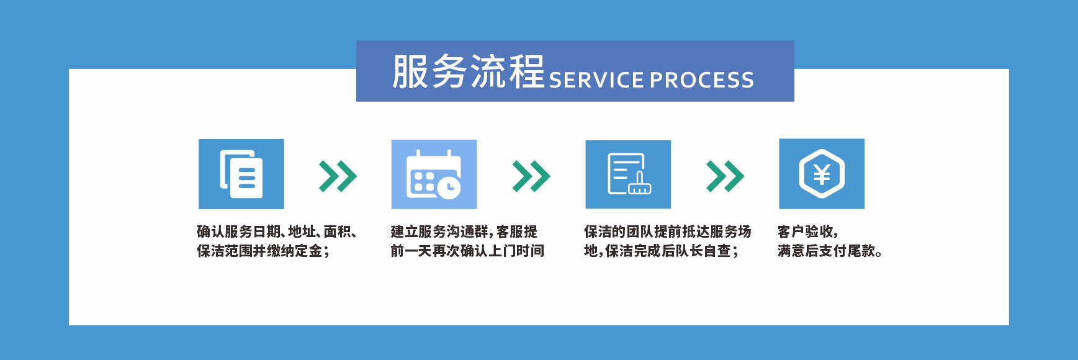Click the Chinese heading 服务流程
pyautogui.click(x=469, y=71)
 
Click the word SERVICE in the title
pyautogui.click(x=596, y=80)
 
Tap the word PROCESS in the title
pyautogui.click(x=702, y=80)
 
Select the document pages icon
pyautogui.click(x=241, y=174)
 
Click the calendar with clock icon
pyautogui.click(x=434, y=174)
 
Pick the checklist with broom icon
pyautogui.click(x=628, y=174)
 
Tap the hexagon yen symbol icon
pyautogui.click(x=822, y=174)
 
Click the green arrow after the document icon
pyautogui.click(x=338, y=176)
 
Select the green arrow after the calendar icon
pyautogui.click(x=531, y=176)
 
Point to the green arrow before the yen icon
pyautogui.click(x=725, y=176)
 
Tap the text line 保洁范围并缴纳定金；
pyautogui.click(x=263, y=251)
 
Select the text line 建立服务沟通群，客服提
pyautogui.click(x=464, y=232)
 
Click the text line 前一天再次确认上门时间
pyautogui.click(x=467, y=251)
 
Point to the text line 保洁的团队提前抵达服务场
pyautogui.click(x=668, y=232)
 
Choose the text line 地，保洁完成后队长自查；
pyautogui.click(x=662, y=251)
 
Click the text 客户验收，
pyautogui.click(x=808, y=232)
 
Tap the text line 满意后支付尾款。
pyautogui.click(x=830, y=251)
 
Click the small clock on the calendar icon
pyautogui.click(x=449, y=186)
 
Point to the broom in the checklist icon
pyautogui.click(x=640, y=184)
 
